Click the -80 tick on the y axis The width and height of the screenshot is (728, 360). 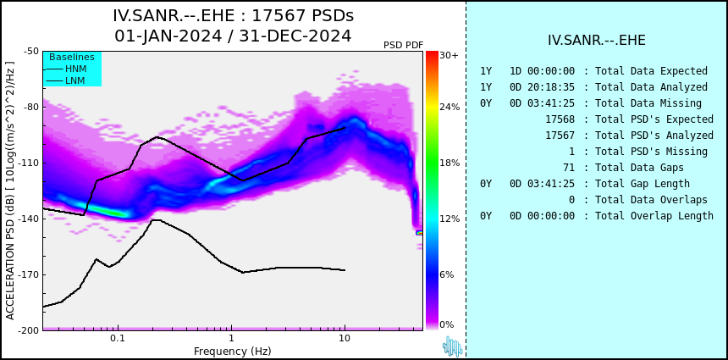point(29,107)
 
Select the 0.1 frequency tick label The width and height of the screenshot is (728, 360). point(118,339)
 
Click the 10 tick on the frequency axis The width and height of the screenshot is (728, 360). point(344,339)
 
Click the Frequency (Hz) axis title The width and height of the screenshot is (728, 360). point(233,351)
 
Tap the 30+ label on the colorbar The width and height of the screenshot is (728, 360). point(449,56)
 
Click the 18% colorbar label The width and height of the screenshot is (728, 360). point(449,163)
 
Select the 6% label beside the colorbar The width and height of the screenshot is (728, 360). point(447,274)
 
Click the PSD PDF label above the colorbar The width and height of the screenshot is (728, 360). point(403,45)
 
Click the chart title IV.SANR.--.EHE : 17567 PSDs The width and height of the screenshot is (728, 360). point(233,16)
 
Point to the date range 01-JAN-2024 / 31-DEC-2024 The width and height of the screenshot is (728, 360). point(233,36)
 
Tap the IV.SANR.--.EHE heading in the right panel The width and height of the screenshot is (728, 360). point(596,41)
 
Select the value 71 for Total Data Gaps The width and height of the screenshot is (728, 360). point(568,168)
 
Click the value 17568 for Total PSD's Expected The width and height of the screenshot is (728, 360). point(560,119)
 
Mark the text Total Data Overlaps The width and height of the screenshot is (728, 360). point(651,200)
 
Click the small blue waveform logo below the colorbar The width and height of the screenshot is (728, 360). point(452,346)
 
